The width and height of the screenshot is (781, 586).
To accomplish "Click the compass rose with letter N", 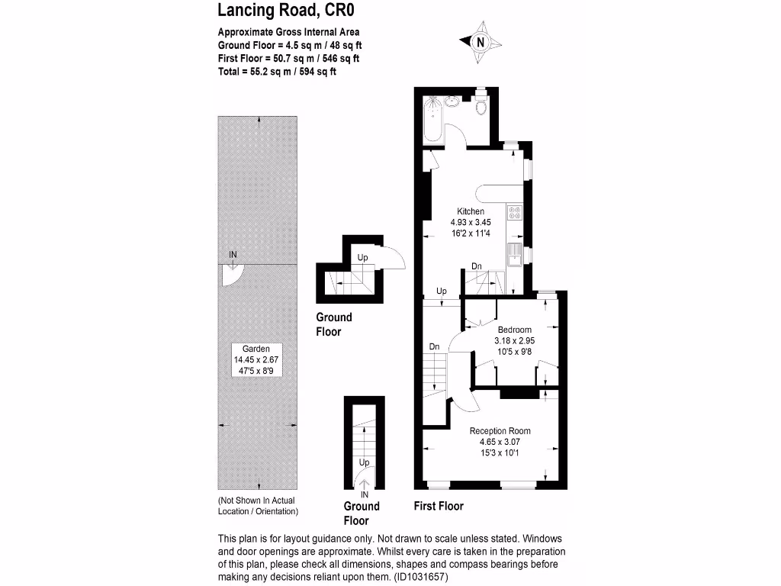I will [480, 43].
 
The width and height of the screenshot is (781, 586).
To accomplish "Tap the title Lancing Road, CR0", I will [286, 11].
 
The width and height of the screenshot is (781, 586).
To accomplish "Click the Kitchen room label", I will [471, 211].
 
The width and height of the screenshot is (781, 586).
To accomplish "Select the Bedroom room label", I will [514, 330].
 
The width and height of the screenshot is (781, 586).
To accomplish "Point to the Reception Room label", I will [500, 431].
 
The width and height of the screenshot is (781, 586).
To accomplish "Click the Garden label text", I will [252, 349].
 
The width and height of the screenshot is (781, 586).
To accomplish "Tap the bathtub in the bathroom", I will [433, 121].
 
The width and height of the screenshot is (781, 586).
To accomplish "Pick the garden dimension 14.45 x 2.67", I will [252, 360].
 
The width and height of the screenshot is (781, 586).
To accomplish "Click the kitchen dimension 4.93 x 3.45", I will [471, 223].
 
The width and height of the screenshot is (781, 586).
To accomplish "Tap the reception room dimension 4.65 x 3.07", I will [500, 443].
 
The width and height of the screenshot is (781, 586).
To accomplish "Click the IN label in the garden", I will [233, 254].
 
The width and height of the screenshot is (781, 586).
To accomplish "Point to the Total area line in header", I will [277, 72].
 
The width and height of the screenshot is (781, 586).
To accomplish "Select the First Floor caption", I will [439, 506].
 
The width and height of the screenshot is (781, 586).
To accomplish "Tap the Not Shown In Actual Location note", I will [258, 506].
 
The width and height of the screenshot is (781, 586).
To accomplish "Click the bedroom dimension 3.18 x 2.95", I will [514, 341].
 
